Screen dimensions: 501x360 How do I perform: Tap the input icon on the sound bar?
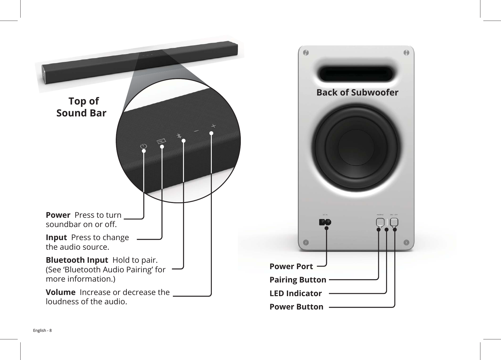[x=161, y=141]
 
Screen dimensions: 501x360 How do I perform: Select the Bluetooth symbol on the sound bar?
[x=179, y=136]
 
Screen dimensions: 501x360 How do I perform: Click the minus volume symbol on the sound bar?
[x=197, y=131]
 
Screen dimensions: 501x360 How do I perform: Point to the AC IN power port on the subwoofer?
[x=325, y=222]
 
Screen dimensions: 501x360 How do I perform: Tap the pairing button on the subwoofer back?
[x=380, y=222]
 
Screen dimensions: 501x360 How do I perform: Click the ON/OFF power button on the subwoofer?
[x=394, y=222]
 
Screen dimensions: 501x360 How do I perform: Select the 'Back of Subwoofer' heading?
[x=357, y=92]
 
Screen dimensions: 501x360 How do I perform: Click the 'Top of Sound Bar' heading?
[x=82, y=107]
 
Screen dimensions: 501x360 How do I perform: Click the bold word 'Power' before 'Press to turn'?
[x=58, y=215]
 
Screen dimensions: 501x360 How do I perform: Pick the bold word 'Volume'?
[x=61, y=292]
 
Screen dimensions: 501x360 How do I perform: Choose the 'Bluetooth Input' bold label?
[x=77, y=260]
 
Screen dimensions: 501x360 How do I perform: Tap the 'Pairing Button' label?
[x=298, y=280]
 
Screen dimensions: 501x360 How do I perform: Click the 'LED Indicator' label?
[x=296, y=293]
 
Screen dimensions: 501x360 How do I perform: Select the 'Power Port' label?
[x=291, y=267]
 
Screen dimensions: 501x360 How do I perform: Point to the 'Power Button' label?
[x=296, y=307]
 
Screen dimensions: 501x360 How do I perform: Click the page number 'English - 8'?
[x=42, y=330]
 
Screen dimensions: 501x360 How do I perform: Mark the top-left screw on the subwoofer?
[x=305, y=53]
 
